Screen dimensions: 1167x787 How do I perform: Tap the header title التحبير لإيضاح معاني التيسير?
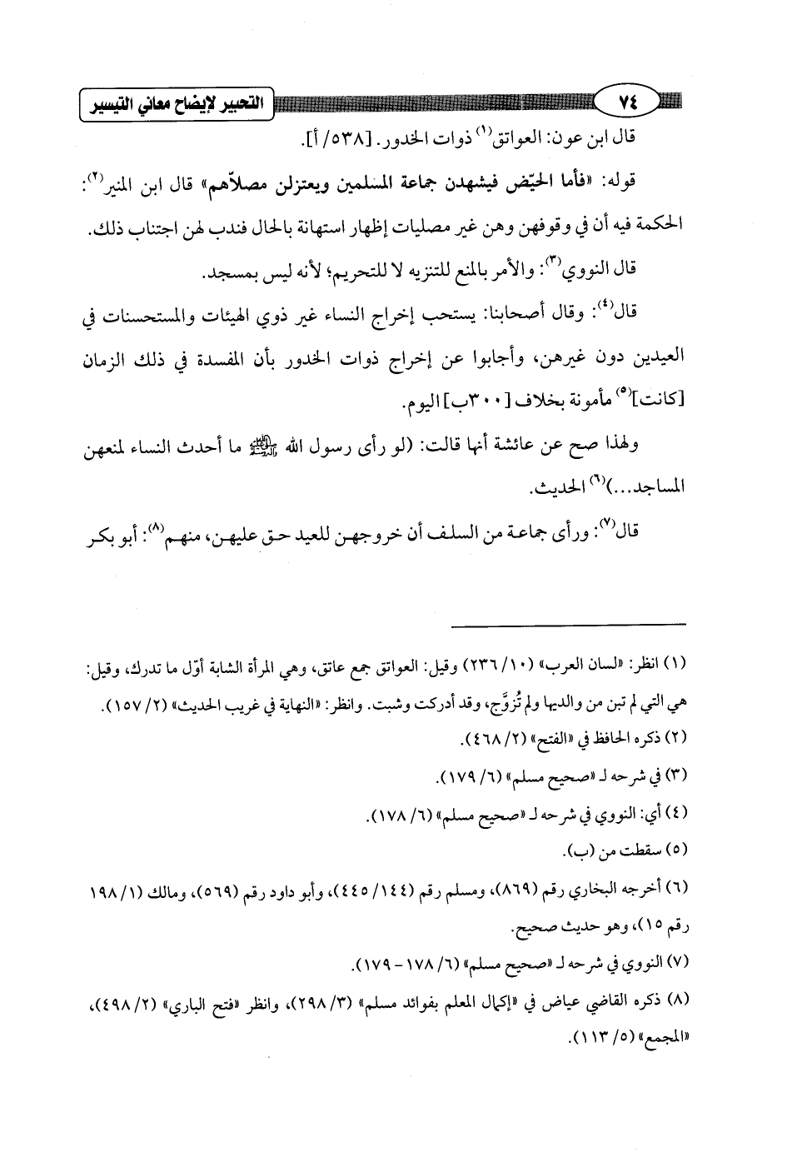175,105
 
